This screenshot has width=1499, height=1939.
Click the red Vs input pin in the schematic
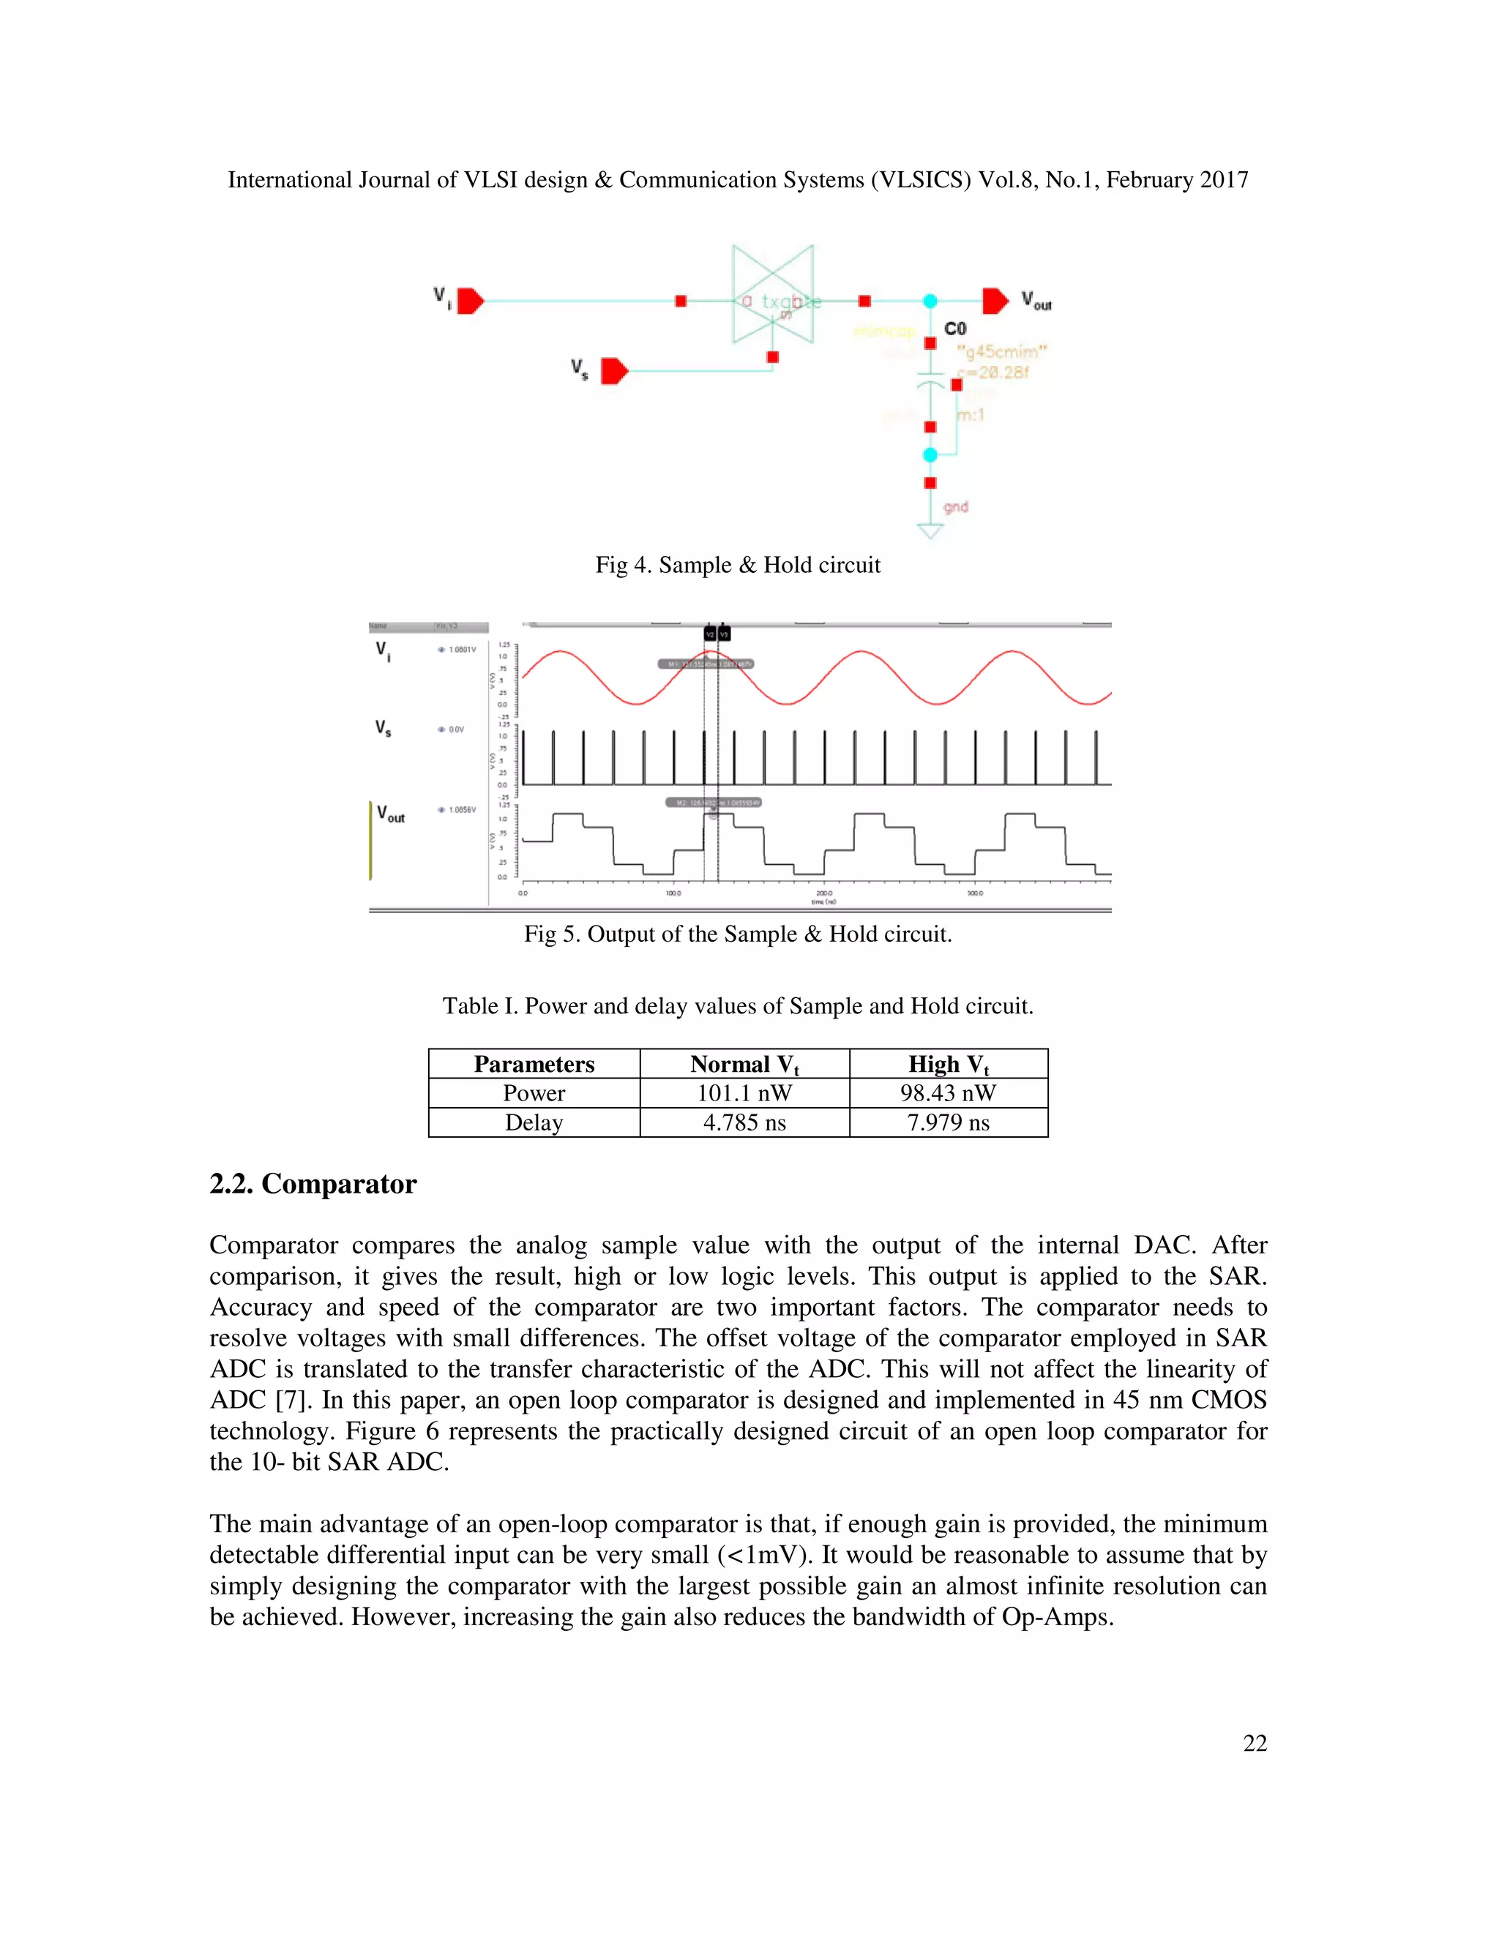pyautogui.click(x=613, y=371)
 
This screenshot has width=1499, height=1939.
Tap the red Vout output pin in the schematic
pyautogui.click(x=995, y=301)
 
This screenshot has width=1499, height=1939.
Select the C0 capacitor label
pyautogui.click(x=955, y=329)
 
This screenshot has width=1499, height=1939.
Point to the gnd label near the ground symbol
pyautogui.click(x=955, y=507)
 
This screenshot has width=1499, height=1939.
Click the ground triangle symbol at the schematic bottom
pyautogui.click(x=930, y=532)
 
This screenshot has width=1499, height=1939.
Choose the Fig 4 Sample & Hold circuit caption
pyautogui.click(x=737, y=566)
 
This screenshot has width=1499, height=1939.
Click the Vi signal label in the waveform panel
pyautogui.click(x=383, y=652)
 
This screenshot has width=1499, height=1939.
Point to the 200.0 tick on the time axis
pyautogui.click(x=824, y=893)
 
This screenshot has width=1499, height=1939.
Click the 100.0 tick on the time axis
pyautogui.click(x=673, y=893)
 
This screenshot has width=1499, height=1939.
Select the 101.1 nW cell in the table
pyautogui.click(x=744, y=1094)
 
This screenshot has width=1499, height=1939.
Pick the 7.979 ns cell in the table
pyautogui.click(x=948, y=1123)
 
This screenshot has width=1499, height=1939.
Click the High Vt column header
pyautogui.click(x=948, y=1065)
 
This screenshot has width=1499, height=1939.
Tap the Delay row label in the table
pyautogui.click(x=534, y=1123)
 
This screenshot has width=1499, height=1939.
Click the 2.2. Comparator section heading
pyautogui.click(x=313, y=1185)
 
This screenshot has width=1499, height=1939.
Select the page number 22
pyautogui.click(x=1254, y=1743)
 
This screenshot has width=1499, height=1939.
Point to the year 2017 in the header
pyautogui.click(x=1224, y=180)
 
